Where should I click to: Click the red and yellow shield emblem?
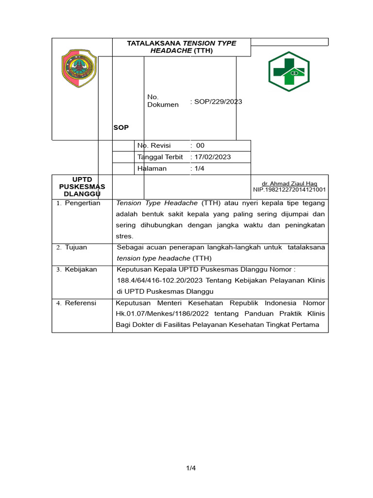click(79, 69)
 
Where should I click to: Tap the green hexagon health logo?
click(289, 71)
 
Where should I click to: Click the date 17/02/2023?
click(212, 157)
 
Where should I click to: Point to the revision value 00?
click(200, 145)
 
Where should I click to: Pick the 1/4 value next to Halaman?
click(200, 168)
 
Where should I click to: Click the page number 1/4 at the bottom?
click(191, 468)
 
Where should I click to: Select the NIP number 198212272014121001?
click(289, 190)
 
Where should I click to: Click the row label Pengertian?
click(83, 203)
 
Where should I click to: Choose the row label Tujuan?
click(76, 248)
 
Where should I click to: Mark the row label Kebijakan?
click(81, 269)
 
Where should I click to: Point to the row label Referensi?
click(81, 303)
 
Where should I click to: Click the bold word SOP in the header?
click(121, 127)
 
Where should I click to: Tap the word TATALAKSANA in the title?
click(153, 43)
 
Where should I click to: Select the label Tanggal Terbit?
click(160, 157)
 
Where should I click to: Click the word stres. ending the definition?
click(124, 236)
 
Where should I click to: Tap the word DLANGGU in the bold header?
click(82, 194)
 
